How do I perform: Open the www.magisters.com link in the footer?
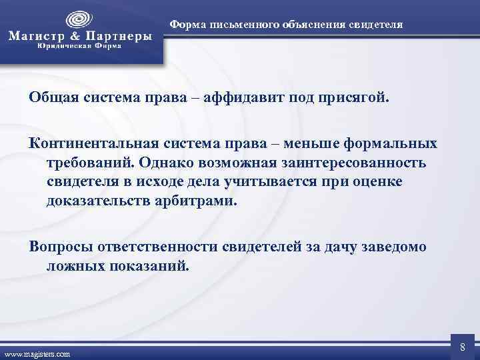click(37, 354)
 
